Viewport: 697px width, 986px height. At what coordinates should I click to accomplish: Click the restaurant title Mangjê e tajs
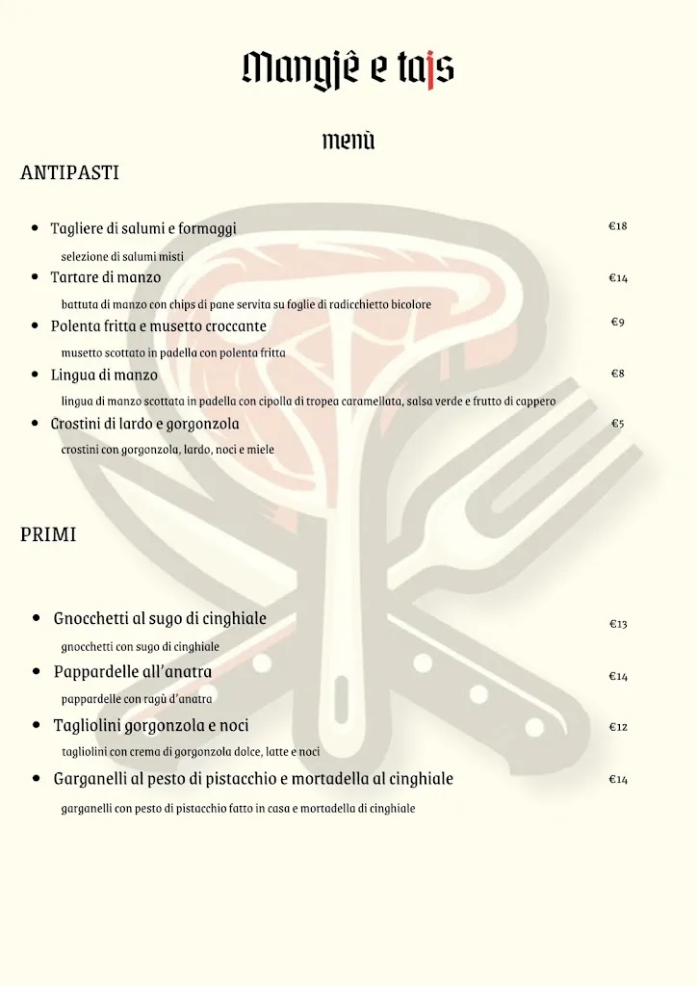tap(348, 68)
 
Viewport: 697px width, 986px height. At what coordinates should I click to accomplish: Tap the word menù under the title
tap(348, 141)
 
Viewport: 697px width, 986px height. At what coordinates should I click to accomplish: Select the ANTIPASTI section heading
tap(69, 173)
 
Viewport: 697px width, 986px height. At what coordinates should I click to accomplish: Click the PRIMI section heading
tap(48, 535)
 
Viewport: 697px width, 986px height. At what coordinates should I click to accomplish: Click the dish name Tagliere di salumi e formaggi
tap(143, 228)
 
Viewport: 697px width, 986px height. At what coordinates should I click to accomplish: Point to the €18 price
tap(618, 226)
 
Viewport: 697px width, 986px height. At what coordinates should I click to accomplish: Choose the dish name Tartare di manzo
tap(106, 277)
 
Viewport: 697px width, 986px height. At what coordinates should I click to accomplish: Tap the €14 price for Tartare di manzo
tap(618, 278)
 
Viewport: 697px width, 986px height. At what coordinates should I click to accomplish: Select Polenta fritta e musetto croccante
tap(159, 326)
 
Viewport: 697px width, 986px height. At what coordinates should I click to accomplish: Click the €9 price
tap(618, 322)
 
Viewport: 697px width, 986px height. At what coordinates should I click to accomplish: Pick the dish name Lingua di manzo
tap(104, 375)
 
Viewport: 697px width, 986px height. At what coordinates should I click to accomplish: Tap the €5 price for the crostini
tap(618, 423)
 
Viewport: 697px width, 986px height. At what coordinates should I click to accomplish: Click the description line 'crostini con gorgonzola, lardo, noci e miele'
tap(168, 449)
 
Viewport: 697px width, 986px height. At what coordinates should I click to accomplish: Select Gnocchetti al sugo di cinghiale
tap(160, 618)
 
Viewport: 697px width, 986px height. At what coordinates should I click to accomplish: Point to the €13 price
tap(618, 624)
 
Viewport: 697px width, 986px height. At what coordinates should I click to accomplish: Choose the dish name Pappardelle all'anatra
tap(133, 671)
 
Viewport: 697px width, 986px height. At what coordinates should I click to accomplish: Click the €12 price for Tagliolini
tap(618, 727)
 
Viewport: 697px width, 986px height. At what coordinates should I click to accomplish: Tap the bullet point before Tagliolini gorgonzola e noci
tap(36, 725)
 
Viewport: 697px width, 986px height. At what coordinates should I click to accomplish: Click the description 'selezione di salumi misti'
tap(122, 256)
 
